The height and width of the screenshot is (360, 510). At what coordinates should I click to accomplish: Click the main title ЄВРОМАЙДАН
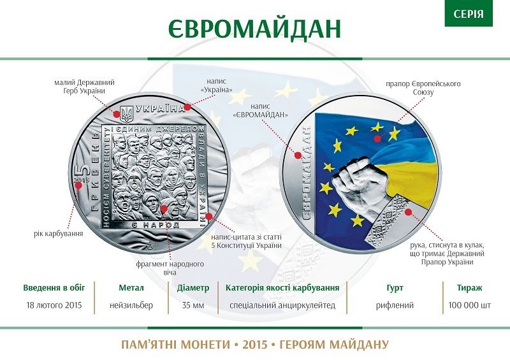[x=255, y=27]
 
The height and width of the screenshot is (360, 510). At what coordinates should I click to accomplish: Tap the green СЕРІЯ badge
[x=469, y=13]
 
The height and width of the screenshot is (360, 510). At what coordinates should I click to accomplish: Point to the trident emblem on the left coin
[x=126, y=113]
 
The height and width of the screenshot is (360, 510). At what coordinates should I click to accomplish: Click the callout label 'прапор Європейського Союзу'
[x=423, y=88]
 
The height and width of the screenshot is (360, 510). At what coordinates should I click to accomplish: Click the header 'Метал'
[x=135, y=287]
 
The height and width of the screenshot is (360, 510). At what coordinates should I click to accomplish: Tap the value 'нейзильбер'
[x=135, y=305]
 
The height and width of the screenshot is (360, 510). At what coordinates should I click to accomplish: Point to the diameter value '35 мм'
[x=193, y=305]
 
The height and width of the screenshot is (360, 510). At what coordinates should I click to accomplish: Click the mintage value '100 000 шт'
[x=469, y=305]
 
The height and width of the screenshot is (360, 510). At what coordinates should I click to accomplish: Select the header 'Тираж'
[x=469, y=287]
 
